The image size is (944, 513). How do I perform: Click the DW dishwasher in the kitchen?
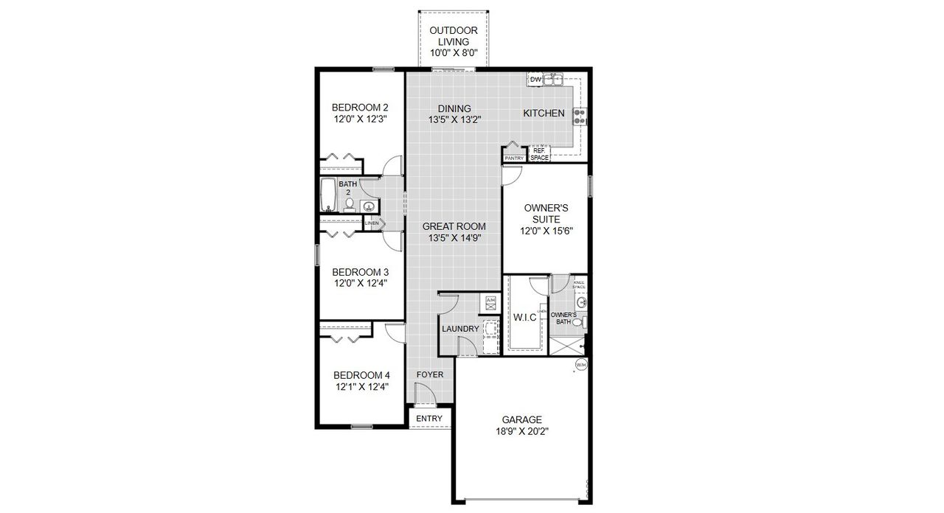(x=535, y=79)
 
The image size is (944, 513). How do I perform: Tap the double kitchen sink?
(x=554, y=78)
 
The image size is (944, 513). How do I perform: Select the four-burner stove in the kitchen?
(x=580, y=116)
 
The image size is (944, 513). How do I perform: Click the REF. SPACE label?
(x=539, y=154)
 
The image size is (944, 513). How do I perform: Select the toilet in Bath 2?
(x=350, y=205)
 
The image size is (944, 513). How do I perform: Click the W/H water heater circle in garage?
(x=581, y=365)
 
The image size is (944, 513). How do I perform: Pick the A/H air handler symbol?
(x=490, y=301)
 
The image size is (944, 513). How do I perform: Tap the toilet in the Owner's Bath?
(x=583, y=322)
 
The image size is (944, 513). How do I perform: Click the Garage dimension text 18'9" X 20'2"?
(x=523, y=432)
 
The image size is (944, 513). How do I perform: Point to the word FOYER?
(x=430, y=374)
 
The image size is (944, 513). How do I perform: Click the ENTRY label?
(x=429, y=419)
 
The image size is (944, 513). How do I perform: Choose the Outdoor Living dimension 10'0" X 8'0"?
(x=454, y=53)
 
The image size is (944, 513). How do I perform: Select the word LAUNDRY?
(x=460, y=329)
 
